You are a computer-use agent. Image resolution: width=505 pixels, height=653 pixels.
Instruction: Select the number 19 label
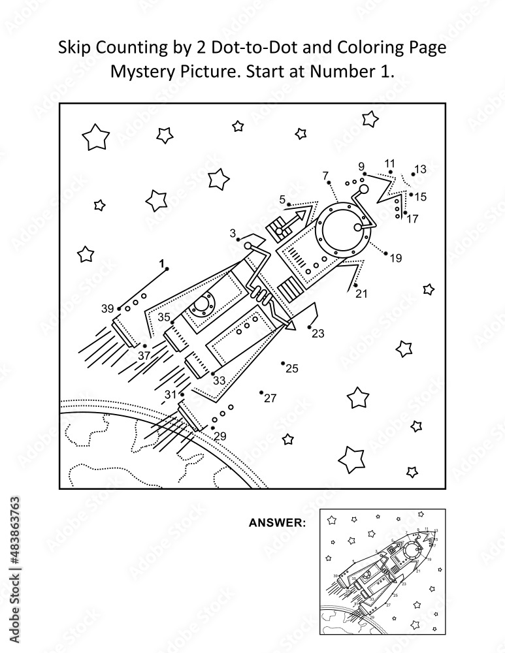(x=396, y=258)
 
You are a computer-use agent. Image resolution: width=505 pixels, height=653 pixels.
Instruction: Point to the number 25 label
(x=291, y=369)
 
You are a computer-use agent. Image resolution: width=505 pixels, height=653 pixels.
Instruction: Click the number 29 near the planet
(x=220, y=436)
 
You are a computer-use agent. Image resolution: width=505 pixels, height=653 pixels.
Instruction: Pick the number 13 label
(x=420, y=169)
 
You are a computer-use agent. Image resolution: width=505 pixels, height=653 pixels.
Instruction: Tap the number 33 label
(x=219, y=381)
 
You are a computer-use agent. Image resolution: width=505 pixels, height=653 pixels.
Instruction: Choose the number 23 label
(x=318, y=333)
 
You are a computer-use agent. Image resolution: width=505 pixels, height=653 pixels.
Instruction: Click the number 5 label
(x=282, y=199)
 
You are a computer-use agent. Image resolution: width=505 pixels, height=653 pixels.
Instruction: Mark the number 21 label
(x=362, y=294)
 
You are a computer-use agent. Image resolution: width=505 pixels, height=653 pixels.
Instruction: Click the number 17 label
(x=412, y=219)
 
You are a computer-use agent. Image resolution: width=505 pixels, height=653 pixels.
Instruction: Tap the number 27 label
(x=270, y=398)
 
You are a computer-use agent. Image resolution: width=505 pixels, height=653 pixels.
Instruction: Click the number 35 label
(x=164, y=318)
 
